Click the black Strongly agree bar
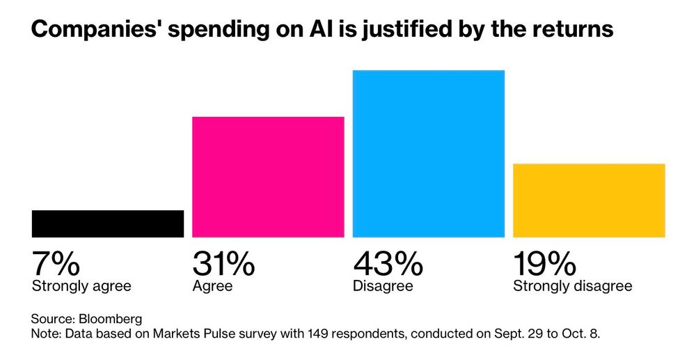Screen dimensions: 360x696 coord(108,224)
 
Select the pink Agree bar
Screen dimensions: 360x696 coord(268,177)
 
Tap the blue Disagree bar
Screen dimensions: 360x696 coord(428,153)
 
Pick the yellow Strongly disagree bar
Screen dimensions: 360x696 coord(589,201)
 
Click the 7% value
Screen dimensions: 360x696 coord(56,265)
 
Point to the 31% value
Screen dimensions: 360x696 coord(223,265)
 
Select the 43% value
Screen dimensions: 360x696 coord(388,265)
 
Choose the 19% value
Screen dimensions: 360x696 coord(544,265)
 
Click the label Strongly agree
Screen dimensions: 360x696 coord(81,286)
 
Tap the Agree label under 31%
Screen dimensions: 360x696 coord(212,286)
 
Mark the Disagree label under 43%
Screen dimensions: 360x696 coord(383,286)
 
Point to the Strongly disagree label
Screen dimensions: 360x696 coord(572,286)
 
